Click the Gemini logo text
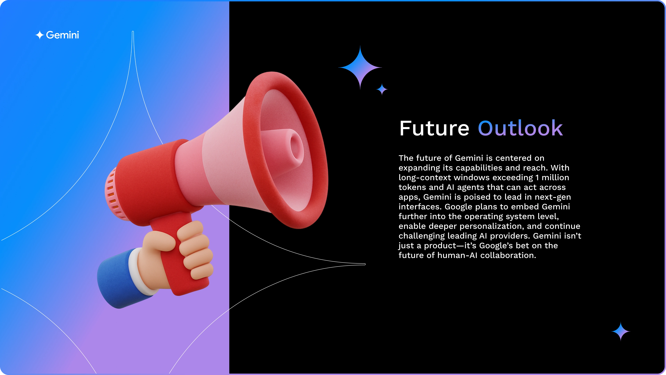(x=62, y=35)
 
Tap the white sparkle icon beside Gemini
(x=40, y=35)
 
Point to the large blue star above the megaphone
(x=360, y=68)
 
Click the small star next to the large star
(x=382, y=89)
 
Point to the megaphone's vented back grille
(x=114, y=194)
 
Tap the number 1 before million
(x=537, y=178)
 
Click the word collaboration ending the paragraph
(x=508, y=255)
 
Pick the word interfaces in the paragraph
(x=420, y=207)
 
